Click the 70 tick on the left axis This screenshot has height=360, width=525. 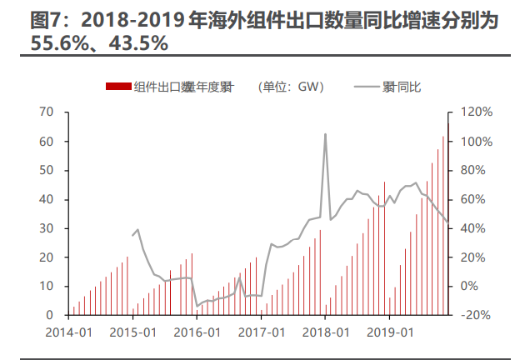(47, 112)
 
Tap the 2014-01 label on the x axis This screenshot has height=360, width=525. (68, 331)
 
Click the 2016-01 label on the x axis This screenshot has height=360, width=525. (197, 331)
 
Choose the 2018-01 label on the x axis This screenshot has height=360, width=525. (326, 331)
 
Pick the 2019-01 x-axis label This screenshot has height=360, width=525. (390, 331)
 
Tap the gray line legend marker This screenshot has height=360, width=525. (367, 87)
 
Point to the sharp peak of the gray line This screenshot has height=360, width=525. (325, 134)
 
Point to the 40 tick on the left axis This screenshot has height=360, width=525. (47, 199)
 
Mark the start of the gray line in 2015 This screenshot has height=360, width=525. (132, 236)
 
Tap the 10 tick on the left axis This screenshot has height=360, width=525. (47, 286)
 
